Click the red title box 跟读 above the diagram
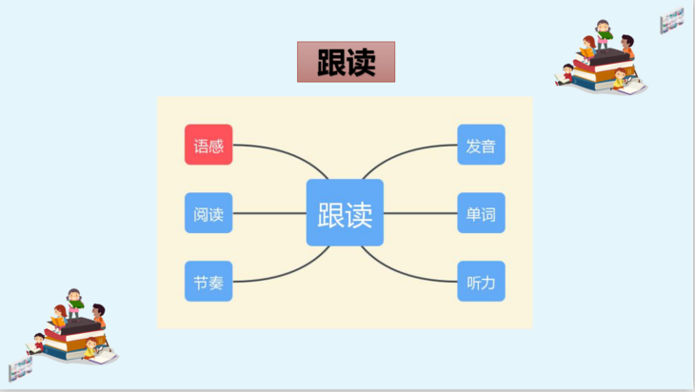point(346,62)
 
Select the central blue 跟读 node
point(345,213)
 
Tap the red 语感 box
point(208,145)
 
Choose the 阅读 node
point(208,213)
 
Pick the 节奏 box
point(208,282)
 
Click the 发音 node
point(481,145)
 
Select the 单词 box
point(481,213)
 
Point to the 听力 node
point(481,282)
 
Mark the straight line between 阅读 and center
point(268,213)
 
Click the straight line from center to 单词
point(420,213)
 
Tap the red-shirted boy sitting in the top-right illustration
point(569,74)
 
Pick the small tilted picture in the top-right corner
point(673,18)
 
